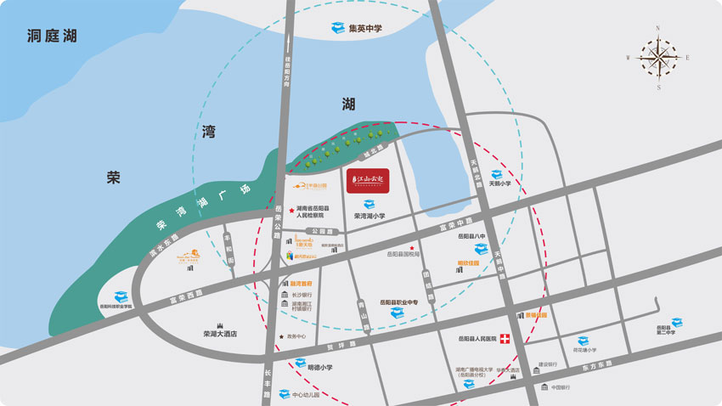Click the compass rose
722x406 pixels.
658,57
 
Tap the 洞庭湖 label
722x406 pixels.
52,37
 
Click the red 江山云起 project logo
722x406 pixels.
368,182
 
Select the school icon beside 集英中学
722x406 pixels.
337,28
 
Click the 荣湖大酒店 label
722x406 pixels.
220,334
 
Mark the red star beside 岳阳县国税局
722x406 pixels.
413,247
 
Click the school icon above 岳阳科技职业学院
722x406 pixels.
121,296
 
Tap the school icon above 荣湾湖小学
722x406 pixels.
344,205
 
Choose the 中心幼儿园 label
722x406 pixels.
307,395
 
